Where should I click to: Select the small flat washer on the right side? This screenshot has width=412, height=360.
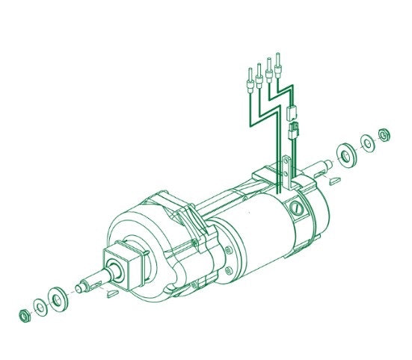(367, 142)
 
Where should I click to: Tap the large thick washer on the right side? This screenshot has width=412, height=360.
(347, 154)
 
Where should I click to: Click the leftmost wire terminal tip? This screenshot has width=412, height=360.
(247, 78)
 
